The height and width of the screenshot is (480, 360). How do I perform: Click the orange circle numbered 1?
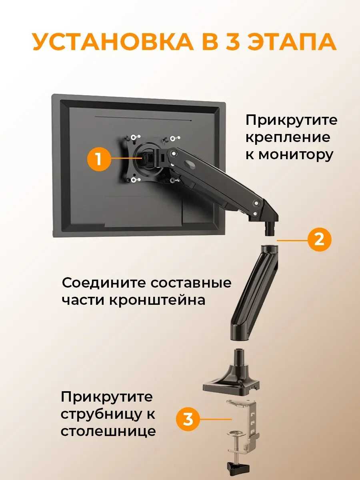pos(99,159)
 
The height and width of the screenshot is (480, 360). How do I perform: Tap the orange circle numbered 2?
pos(319,240)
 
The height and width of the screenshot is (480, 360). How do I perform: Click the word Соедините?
pos(104,283)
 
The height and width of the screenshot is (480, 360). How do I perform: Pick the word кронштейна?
pos(157,300)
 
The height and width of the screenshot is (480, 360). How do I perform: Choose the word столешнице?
pos(108,431)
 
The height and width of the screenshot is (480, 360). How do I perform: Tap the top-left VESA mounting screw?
pos(133,138)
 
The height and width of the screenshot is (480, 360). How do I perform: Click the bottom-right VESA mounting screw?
pos(173,181)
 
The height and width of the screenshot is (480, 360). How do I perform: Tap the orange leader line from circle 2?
pos(292,240)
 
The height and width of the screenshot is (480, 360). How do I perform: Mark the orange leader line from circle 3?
pos(216,419)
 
